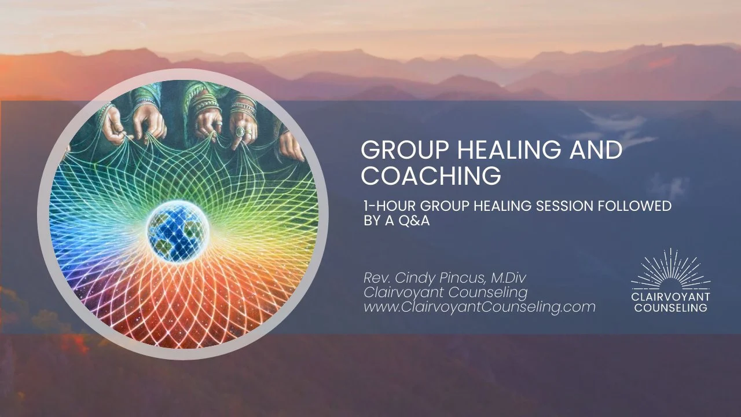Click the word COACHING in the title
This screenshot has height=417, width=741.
431,175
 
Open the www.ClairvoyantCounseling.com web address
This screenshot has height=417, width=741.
479,307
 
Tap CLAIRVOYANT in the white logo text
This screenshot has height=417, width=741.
670,297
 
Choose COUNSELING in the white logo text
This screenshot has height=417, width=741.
670,308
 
